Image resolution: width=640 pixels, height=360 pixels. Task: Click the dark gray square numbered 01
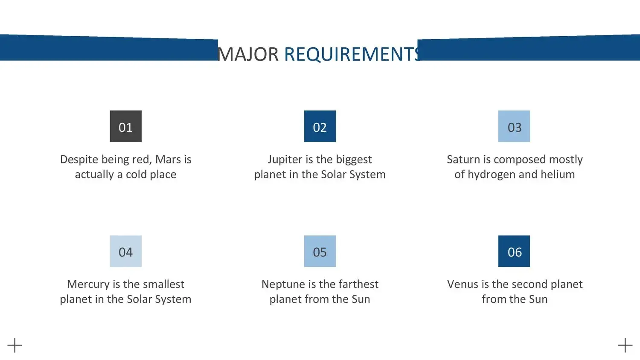[x=126, y=126]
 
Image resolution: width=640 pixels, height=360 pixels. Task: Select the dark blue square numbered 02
[x=320, y=126]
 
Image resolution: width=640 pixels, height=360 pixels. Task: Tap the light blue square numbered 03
[x=514, y=126]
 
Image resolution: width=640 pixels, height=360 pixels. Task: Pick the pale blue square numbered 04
[x=126, y=251]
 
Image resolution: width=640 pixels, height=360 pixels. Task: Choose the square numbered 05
[x=320, y=251]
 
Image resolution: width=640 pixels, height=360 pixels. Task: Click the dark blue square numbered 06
[x=514, y=251]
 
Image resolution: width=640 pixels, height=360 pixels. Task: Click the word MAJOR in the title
[x=248, y=54]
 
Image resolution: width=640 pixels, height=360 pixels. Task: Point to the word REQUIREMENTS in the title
[x=352, y=54]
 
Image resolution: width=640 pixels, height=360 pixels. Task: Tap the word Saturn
[x=463, y=160]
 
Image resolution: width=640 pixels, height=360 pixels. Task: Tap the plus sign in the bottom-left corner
[x=15, y=345]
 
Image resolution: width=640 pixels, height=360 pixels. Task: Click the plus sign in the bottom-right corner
[x=625, y=345]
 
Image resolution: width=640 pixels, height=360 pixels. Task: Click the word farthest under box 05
[x=358, y=284]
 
